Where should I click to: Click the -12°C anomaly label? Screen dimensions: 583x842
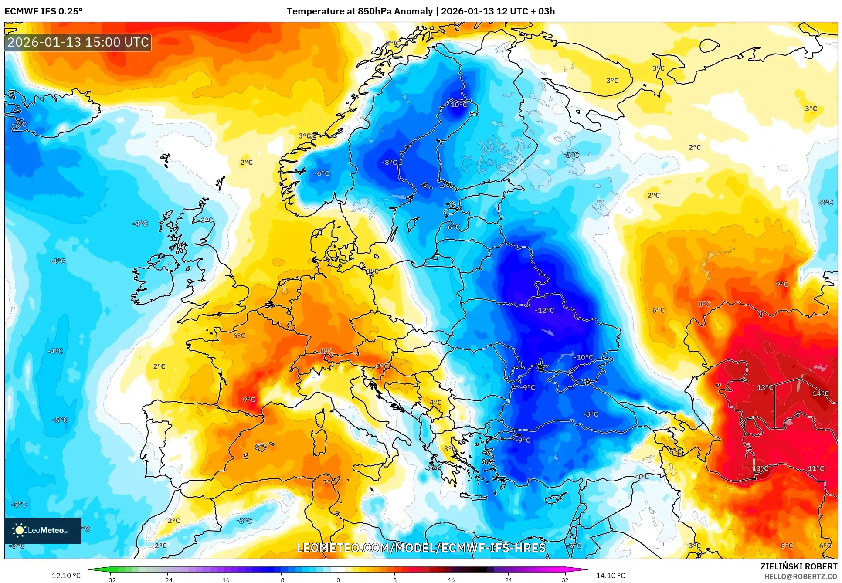click(x=544, y=310)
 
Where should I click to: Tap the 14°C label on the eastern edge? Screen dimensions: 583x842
click(x=820, y=393)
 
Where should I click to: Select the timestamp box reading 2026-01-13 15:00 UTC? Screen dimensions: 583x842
click(x=78, y=42)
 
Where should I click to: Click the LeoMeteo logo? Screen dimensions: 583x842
click(x=43, y=530)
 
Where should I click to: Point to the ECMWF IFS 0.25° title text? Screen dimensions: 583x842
click(x=44, y=11)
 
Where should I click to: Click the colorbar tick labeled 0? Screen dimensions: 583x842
click(x=338, y=580)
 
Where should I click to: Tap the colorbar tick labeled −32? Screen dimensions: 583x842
click(x=111, y=580)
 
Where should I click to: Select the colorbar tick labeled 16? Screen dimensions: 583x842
click(x=451, y=580)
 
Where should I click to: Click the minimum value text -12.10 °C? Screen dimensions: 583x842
click(x=65, y=576)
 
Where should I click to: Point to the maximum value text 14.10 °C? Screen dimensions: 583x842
click(x=610, y=576)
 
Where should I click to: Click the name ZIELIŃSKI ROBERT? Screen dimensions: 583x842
click(x=798, y=566)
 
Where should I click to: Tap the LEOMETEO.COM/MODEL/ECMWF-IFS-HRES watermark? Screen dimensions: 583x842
click(x=421, y=548)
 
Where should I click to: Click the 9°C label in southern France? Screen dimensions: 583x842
click(x=249, y=399)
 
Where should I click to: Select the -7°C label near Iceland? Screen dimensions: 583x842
click(x=19, y=124)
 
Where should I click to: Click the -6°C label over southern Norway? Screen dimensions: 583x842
click(x=322, y=173)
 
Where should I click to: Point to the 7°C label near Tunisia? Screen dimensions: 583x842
click(x=329, y=482)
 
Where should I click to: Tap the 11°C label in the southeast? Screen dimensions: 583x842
click(x=816, y=468)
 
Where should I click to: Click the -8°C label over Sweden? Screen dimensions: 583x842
click(x=390, y=162)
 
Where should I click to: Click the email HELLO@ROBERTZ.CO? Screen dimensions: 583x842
click(x=801, y=576)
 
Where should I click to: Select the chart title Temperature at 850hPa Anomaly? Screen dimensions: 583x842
click(x=360, y=11)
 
